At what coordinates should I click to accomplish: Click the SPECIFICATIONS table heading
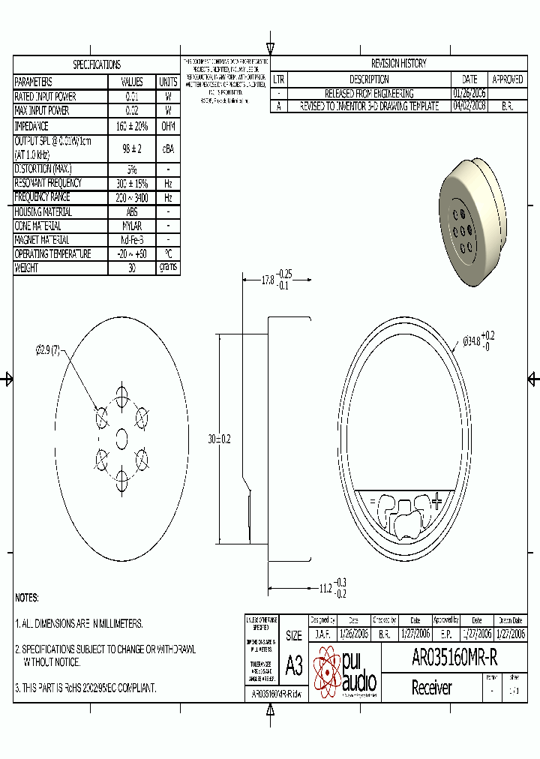[97, 64]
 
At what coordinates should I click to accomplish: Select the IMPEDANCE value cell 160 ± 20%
[131, 126]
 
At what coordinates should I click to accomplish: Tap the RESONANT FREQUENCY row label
[48, 183]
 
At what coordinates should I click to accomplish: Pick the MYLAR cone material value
[131, 226]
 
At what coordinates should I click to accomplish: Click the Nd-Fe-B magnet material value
[131, 240]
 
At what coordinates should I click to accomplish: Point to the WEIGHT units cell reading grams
[168, 268]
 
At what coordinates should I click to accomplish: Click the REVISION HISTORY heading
[398, 64]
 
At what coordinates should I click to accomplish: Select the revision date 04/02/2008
[469, 106]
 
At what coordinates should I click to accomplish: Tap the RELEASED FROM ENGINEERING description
[368, 93]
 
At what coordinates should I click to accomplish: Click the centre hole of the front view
[121, 435]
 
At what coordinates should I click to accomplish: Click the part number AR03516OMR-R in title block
[454, 658]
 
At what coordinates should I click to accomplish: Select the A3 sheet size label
[294, 664]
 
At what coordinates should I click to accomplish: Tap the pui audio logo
[346, 672]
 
